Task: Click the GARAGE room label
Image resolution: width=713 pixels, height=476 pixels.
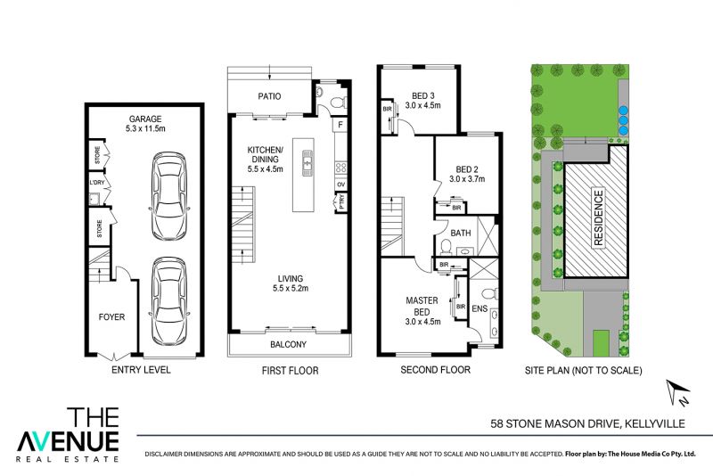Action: tap(145, 119)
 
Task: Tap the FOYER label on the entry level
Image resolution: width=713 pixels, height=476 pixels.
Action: tap(111, 316)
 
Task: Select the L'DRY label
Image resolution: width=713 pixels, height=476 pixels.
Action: tap(97, 183)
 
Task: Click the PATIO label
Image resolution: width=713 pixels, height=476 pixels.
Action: tap(269, 96)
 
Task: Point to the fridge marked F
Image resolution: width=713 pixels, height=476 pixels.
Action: tap(340, 125)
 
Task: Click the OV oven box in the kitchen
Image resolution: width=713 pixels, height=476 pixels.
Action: tap(340, 185)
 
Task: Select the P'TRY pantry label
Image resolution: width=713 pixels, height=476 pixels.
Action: tap(341, 201)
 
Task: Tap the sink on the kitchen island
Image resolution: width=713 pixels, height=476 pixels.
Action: tap(307, 163)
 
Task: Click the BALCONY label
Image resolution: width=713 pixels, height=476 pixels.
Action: tap(288, 345)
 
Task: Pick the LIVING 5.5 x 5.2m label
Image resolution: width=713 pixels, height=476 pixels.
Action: tap(291, 283)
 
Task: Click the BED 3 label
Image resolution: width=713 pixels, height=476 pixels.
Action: tap(422, 96)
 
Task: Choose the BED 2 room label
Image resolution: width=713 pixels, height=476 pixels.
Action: tap(467, 169)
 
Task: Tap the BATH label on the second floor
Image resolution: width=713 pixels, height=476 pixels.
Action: tap(461, 233)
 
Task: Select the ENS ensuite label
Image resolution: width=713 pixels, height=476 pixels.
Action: tap(479, 308)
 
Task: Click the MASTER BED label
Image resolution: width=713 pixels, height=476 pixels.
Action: tap(422, 306)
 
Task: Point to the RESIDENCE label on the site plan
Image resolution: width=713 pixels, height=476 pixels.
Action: tap(598, 218)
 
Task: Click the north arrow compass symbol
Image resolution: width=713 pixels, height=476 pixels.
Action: tap(678, 392)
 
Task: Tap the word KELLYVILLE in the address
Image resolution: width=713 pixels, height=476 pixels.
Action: tap(655, 423)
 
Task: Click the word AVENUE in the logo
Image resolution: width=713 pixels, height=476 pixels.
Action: tap(69, 441)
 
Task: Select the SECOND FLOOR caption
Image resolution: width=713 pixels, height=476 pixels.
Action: tap(435, 370)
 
